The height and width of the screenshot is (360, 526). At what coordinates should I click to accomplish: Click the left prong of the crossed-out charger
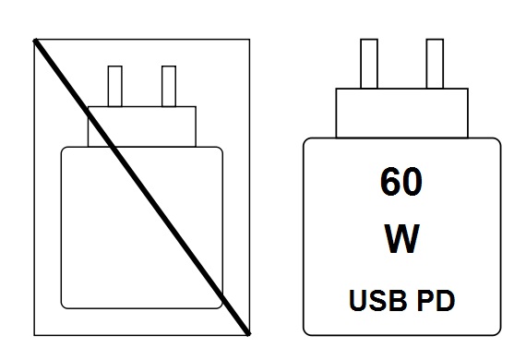click(115, 86)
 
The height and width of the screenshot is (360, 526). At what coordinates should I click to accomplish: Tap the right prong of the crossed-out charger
click(169, 86)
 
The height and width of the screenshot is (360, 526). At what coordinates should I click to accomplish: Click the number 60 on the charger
click(400, 182)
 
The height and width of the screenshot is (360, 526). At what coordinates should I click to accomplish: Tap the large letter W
click(400, 240)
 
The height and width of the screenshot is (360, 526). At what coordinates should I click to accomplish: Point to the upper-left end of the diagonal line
click(35, 41)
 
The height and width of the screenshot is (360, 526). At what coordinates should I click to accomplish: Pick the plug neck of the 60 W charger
click(400, 113)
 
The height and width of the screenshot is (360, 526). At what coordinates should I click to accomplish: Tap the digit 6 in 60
click(389, 182)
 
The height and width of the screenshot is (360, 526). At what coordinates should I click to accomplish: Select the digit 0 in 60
click(412, 182)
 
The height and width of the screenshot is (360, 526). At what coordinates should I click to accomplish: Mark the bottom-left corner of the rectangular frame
click(34, 334)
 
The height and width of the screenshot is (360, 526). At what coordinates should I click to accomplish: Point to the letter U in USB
click(357, 300)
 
